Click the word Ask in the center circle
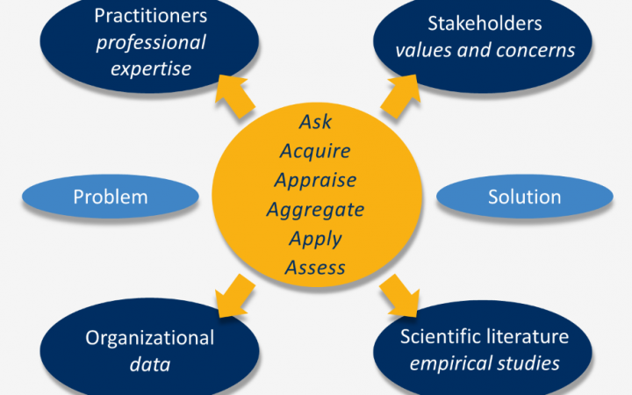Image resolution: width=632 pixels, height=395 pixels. (x=315, y=122)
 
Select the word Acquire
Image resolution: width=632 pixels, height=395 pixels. (x=315, y=151)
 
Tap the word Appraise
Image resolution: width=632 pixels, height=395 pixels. (x=315, y=180)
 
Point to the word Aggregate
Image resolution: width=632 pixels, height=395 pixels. (x=315, y=209)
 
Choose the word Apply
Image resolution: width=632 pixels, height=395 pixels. (x=315, y=238)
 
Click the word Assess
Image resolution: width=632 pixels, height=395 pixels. (x=315, y=267)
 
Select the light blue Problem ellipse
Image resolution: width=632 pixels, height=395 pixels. (x=110, y=197)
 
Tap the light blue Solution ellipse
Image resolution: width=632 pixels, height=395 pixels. (x=524, y=197)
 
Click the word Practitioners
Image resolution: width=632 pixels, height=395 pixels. (x=151, y=17)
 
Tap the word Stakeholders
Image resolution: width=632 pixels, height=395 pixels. (x=485, y=23)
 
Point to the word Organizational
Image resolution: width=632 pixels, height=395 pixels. (x=149, y=338)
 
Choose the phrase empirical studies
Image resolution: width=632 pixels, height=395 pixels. (x=485, y=363)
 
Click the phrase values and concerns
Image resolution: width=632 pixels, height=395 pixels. (x=485, y=49)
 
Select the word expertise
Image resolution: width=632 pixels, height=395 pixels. (x=151, y=68)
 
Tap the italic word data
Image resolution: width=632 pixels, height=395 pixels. (x=149, y=364)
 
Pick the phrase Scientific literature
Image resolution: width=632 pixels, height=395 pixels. (x=485, y=337)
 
